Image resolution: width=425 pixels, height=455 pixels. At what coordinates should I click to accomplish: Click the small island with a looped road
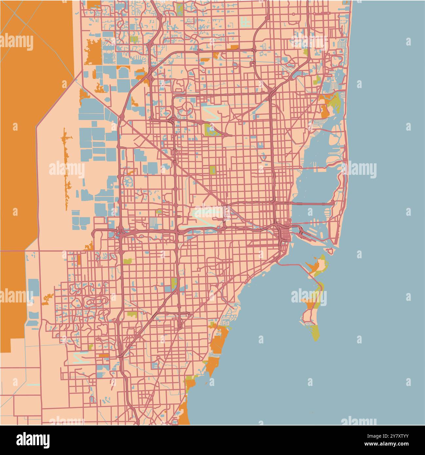click(x=332, y=251)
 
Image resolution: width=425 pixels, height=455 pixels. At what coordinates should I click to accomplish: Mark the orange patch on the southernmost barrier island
click(x=310, y=303)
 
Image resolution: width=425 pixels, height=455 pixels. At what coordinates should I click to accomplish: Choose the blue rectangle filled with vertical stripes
click(x=153, y=223)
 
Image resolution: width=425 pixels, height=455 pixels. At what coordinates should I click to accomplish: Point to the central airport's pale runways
click(x=206, y=214)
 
